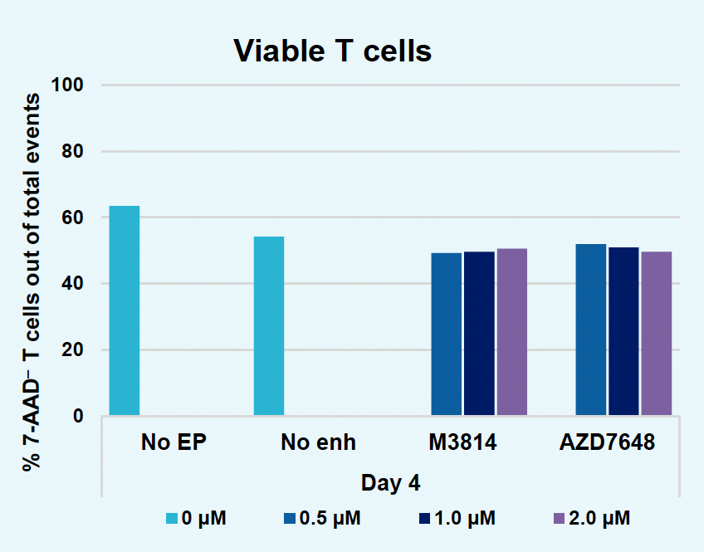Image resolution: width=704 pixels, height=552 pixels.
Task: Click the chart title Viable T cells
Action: tap(332, 51)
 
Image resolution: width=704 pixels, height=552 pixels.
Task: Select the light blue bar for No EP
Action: tap(125, 310)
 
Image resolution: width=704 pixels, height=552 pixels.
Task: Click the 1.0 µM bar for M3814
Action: tap(479, 333)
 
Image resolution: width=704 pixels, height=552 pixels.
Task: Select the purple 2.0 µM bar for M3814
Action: tap(511, 332)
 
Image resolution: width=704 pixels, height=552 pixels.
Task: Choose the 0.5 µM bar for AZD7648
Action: tap(590, 330)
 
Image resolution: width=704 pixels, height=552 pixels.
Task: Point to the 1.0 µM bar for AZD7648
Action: tap(623, 331)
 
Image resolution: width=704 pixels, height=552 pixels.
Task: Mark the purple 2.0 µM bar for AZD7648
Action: tap(656, 333)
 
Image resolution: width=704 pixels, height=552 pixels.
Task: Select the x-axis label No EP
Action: tap(172, 442)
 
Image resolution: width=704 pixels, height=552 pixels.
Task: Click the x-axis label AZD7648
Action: tap(607, 442)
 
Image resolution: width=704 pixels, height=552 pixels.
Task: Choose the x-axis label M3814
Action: tap(462, 442)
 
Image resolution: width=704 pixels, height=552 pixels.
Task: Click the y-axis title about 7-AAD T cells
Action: tap(32, 282)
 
